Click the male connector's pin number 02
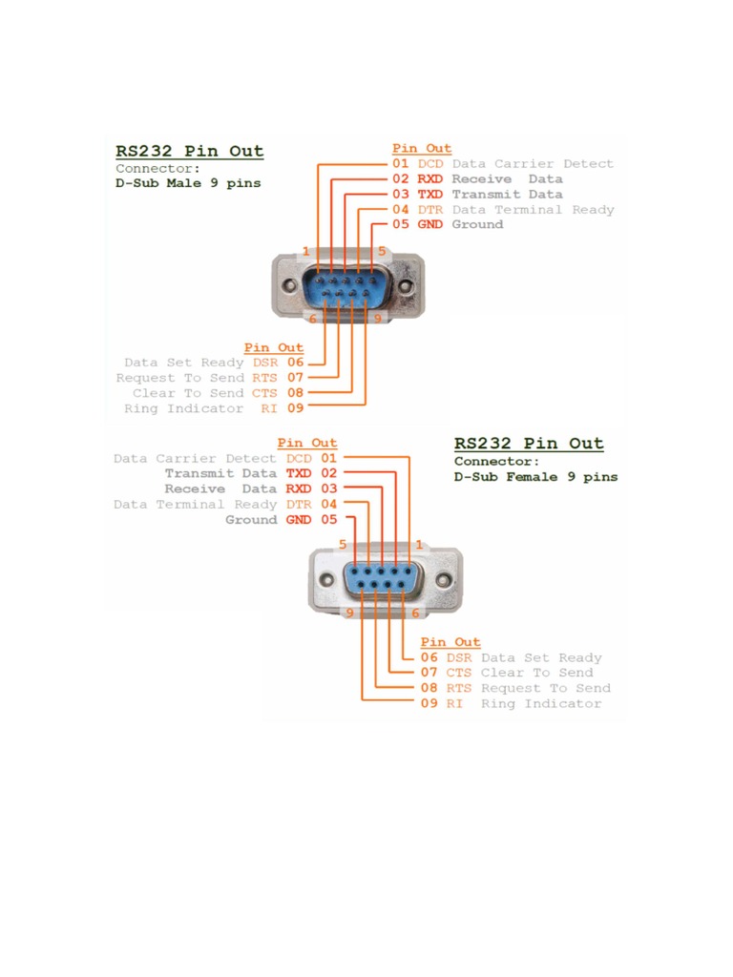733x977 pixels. click(x=401, y=179)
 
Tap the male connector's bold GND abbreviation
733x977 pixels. click(x=430, y=225)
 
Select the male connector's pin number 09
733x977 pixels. click(x=295, y=408)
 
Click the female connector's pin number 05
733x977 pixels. click(x=329, y=520)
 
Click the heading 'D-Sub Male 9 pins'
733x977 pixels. click(x=188, y=182)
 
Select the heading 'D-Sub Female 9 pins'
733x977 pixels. click(x=535, y=477)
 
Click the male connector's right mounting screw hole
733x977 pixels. click(x=407, y=286)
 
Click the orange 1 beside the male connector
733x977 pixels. click(x=305, y=252)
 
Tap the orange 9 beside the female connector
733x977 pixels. click(x=349, y=613)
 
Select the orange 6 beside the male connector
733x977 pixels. click(x=312, y=319)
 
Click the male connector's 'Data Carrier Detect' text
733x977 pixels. click(x=533, y=164)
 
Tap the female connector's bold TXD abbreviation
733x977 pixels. click(x=299, y=474)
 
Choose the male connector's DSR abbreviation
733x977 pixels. click(x=264, y=363)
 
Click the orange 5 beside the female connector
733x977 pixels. click(x=342, y=544)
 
